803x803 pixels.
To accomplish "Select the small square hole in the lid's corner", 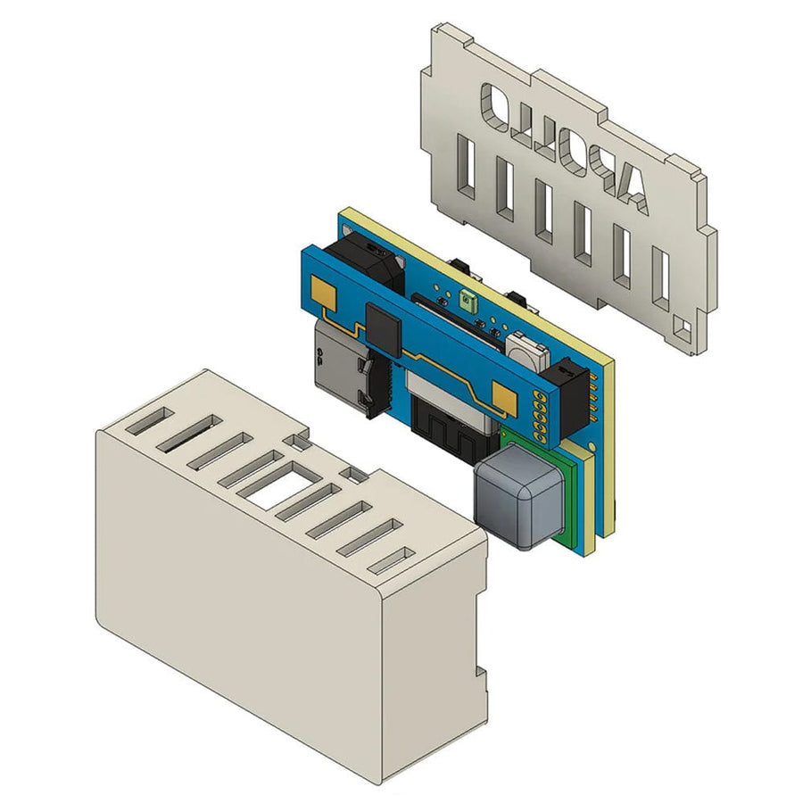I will (683, 329).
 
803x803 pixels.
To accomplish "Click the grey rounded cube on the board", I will (518, 498).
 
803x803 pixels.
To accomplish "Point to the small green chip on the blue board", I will (466, 302).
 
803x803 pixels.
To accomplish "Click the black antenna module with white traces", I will (451, 428).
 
